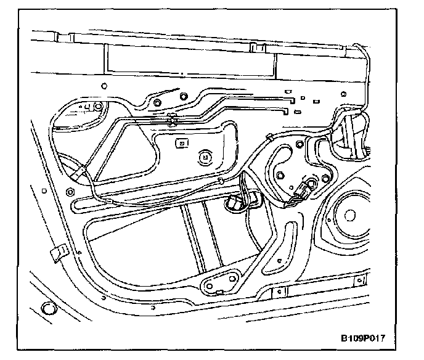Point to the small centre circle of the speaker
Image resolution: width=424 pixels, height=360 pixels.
pyautogui.click(x=350, y=215)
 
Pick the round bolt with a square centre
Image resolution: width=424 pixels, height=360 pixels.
pyautogui.click(x=203, y=157)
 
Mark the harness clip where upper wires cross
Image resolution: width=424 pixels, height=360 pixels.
pyautogui.click(x=173, y=120)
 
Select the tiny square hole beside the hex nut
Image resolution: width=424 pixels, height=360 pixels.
pyautogui.click(x=184, y=96)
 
